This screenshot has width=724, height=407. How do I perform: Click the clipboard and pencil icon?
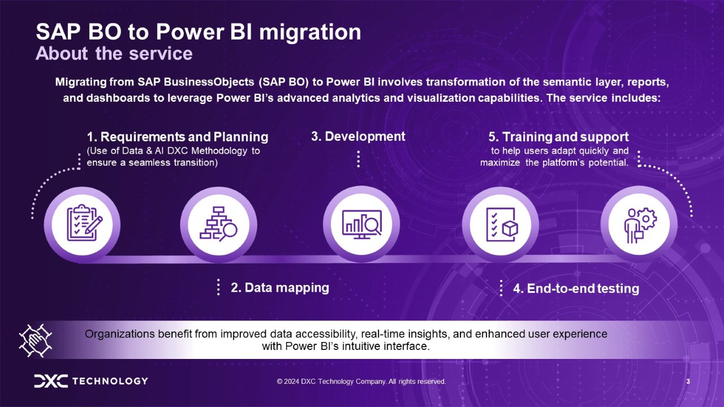(85, 223)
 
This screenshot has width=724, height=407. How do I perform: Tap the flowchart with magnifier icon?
(218, 224)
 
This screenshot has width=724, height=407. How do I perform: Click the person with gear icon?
(640, 225)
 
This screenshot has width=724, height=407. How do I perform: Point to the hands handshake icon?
(35, 340)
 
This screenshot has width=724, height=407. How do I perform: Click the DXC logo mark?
(51, 381)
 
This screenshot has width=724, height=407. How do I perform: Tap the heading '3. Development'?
(358, 136)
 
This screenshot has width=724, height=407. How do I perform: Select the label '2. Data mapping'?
(280, 288)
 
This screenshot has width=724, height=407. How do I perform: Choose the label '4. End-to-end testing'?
(576, 288)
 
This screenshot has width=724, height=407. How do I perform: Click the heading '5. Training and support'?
(558, 137)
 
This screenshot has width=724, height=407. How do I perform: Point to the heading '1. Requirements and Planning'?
(178, 137)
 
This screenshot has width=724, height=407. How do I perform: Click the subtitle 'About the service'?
(114, 53)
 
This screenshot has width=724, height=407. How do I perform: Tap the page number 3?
(688, 382)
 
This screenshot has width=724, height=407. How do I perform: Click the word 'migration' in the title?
(310, 33)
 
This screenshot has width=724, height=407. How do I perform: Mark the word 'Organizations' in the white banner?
(119, 334)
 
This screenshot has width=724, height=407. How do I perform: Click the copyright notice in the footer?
(361, 382)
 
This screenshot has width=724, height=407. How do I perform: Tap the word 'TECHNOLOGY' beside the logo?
(110, 381)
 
